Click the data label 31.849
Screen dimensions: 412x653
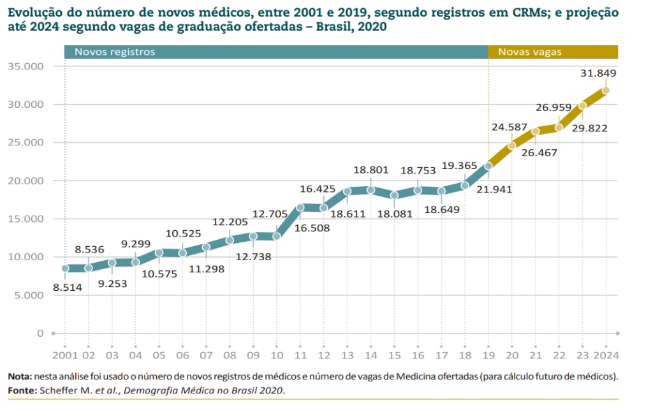pyautogui.click(x=598, y=73)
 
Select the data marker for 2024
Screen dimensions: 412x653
pyautogui.click(x=606, y=90)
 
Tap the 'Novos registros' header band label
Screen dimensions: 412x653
pyautogui.click(x=115, y=52)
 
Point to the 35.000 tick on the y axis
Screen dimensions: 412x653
pyautogui.click(x=26, y=66)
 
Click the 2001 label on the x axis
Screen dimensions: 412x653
pyautogui.click(x=64, y=355)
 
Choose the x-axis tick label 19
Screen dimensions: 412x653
pyautogui.click(x=488, y=355)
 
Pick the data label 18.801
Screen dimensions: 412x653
pyautogui.click(x=370, y=170)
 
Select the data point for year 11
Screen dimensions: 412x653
pyautogui.click(x=300, y=207)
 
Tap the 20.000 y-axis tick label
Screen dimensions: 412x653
pyautogui.click(x=26, y=180)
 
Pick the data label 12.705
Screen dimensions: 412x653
pyautogui.click(x=270, y=214)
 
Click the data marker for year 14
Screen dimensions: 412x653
pyautogui.click(x=371, y=189)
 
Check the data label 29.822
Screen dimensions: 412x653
pyautogui.click(x=589, y=129)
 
